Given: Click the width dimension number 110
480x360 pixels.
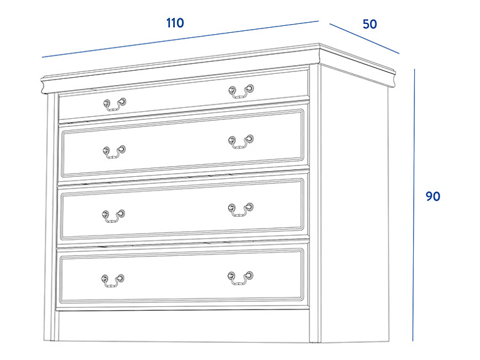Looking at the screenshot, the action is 175,23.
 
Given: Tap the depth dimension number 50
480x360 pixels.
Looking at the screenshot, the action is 369,24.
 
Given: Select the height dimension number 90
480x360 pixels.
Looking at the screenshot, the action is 433,196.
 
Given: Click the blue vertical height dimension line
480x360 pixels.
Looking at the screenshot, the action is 414,205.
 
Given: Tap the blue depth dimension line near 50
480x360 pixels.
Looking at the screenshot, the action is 364,39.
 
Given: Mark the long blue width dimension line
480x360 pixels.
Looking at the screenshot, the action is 180,39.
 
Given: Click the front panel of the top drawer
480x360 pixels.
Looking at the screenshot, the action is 184,95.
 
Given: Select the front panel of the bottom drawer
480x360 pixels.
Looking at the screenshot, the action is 182,275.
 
